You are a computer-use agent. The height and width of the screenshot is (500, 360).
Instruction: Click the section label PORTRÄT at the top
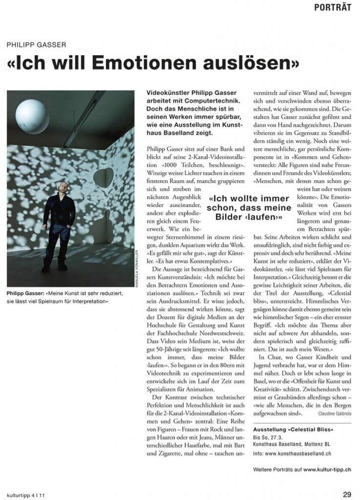point(333,7)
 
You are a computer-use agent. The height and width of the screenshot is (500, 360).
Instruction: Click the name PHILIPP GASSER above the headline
point(37,44)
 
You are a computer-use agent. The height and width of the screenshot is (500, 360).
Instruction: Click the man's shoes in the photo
point(54,268)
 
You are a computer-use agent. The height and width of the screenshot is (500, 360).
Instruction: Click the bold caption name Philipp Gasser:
point(27,293)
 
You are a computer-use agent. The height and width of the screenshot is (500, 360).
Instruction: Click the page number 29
point(346,494)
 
